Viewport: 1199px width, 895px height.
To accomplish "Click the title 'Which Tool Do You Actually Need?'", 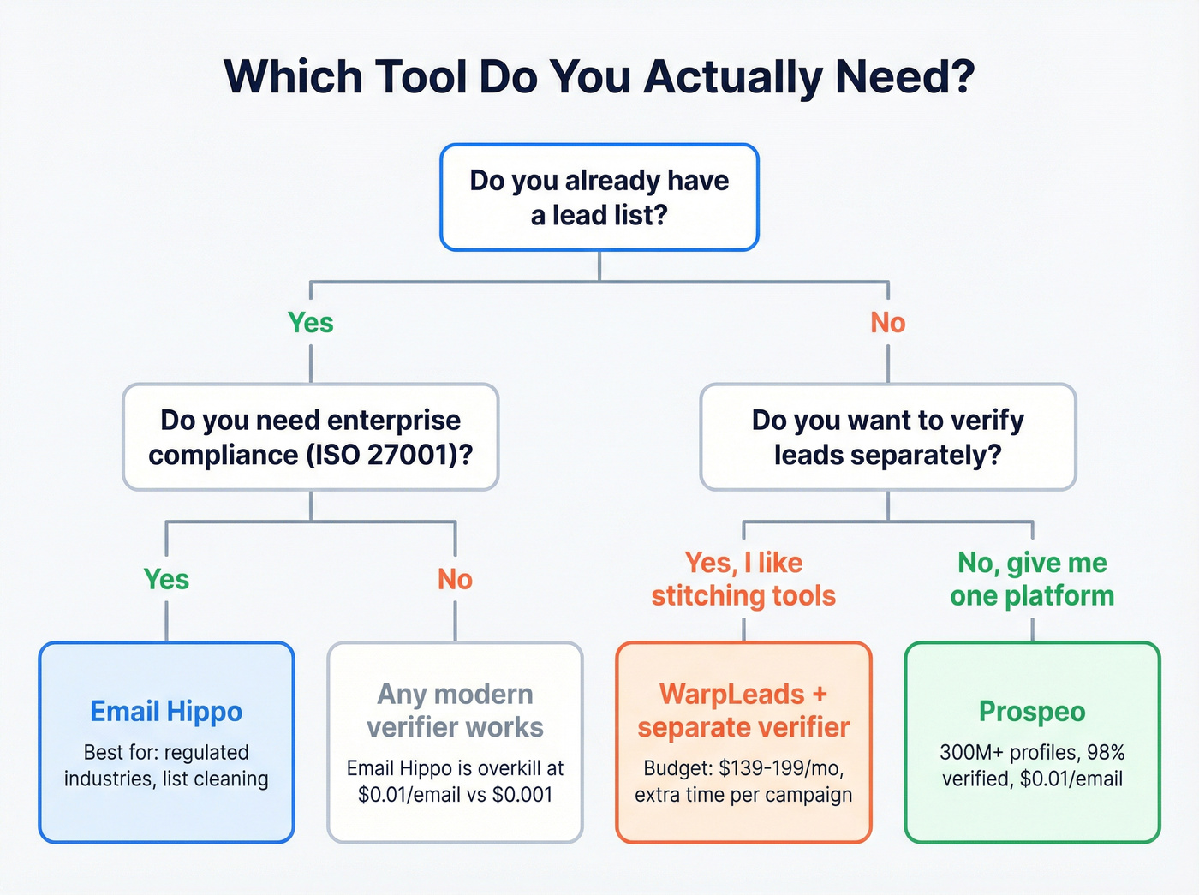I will coord(599,77).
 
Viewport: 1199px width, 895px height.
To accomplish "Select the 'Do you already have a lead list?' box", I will coord(599,198).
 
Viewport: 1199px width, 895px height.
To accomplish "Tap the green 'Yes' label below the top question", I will coord(310,323).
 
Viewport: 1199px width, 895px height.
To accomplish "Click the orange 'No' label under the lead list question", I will coord(887,323).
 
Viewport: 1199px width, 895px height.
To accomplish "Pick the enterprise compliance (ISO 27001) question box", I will coord(310,437).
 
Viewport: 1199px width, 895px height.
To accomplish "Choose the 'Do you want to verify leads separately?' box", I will coord(887,437).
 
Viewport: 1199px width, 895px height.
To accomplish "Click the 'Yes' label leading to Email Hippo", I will coord(166,580).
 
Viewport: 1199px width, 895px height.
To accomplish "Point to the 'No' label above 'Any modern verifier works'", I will coord(455,580).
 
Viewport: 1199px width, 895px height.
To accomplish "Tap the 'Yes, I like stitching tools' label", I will coord(743,579).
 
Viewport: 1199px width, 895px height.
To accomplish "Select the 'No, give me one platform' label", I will coord(1032,579).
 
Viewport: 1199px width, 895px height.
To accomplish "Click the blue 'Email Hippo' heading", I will coord(166,712).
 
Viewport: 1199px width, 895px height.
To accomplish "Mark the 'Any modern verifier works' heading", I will coord(455,711).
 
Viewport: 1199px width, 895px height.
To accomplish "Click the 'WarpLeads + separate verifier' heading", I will coord(743,711).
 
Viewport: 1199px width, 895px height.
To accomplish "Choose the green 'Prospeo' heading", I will coord(1032,712).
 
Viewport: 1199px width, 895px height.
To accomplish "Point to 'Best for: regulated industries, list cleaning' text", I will coord(166,766).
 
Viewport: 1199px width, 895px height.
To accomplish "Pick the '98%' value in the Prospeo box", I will coord(1106,753).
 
